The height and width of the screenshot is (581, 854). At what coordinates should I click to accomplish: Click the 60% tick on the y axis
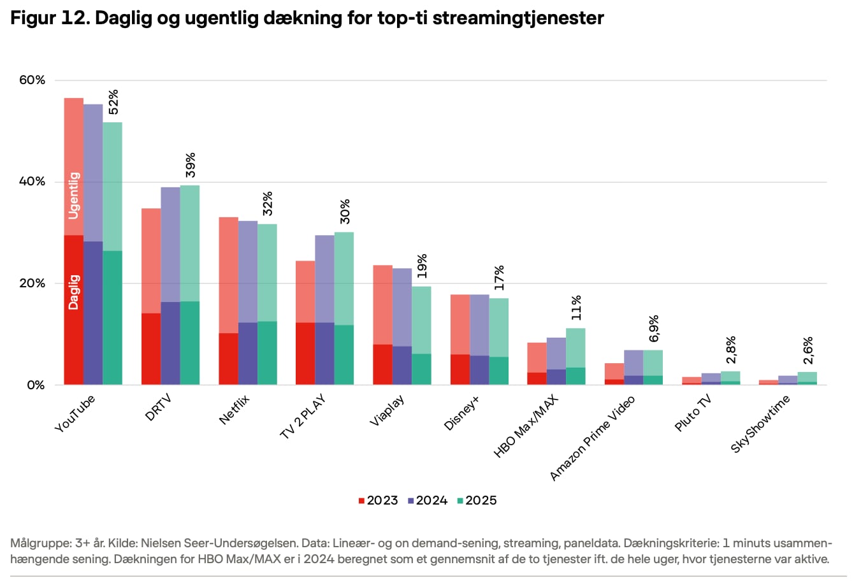click(32, 80)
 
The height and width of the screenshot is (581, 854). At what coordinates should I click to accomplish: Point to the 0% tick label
click(36, 385)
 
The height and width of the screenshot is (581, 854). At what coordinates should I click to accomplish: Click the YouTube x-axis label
click(75, 414)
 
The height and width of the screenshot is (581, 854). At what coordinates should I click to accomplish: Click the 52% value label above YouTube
click(113, 102)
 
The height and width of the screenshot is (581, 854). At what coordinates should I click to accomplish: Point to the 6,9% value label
click(654, 329)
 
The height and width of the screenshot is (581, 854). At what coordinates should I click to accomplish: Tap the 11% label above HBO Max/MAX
click(576, 308)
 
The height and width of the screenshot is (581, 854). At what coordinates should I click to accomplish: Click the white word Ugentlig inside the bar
click(74, 196)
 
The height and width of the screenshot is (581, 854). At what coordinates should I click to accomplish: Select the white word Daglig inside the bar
click(74, 292)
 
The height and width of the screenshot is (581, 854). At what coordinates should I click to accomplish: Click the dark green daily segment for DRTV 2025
click(189, 343)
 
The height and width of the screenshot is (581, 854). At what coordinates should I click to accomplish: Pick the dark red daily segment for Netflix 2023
click(228, 359)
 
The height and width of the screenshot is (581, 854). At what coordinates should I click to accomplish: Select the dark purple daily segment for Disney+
click(479, 370)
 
